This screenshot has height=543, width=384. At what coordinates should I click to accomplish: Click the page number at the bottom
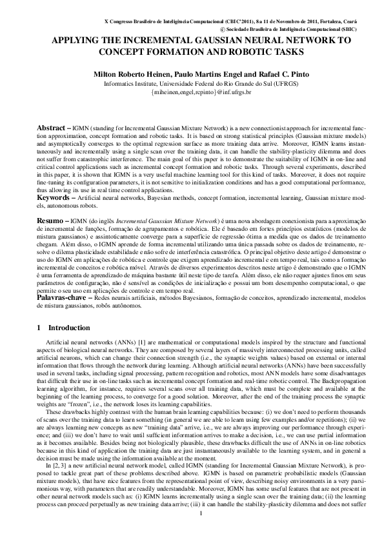[x=201, y=531]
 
